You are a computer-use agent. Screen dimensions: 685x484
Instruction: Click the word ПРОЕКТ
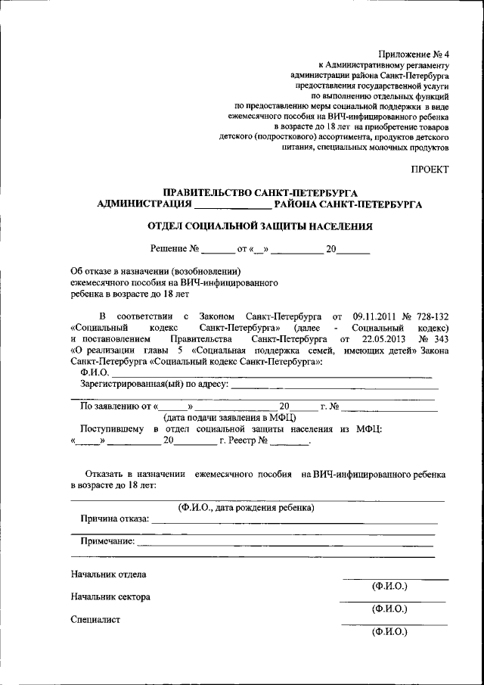click(x=430, y=169)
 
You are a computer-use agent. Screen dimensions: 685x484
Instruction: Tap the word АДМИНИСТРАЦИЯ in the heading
click(x=144, y=204)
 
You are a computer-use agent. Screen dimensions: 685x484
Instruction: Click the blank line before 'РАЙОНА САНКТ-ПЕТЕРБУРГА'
click(x=232, y=205)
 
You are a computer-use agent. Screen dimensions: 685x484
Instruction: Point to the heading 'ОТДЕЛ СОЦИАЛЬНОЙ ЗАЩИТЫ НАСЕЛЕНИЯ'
click(x=260, y=226)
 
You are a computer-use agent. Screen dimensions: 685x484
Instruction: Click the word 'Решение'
click(x=168, y=248)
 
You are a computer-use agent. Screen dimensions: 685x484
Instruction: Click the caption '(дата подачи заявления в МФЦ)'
click(x=229, y=417)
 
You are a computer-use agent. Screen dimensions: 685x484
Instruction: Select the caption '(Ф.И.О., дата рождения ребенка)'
click(x=247, y=507)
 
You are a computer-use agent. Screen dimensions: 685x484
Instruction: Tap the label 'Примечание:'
click(x=107, y=542)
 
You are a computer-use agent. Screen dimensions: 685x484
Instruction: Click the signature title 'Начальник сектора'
click(x=110, y=596)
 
